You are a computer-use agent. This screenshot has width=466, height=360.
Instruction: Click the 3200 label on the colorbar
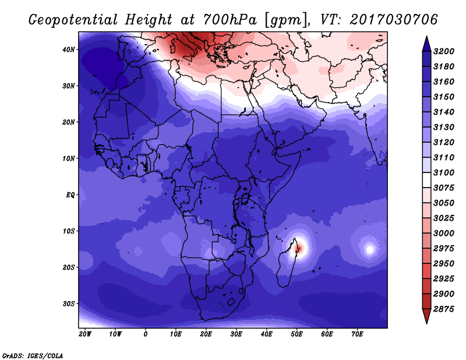tap(445, 51)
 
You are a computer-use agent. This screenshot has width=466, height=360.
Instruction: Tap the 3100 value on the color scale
tap(445, 173)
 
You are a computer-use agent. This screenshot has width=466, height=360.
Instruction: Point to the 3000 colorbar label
tap(445, 233)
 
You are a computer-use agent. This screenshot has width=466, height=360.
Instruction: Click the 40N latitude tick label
tap(69, 50)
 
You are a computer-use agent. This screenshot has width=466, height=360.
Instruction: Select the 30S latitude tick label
tap(69, 303)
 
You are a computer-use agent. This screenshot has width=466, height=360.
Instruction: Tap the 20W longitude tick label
tap(84, 334)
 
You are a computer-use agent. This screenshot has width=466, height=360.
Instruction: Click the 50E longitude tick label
tap(296, 334)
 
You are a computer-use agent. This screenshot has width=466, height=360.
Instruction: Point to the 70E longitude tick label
tap(357, 334)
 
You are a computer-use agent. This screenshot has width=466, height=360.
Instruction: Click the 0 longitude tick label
tap(145, 334)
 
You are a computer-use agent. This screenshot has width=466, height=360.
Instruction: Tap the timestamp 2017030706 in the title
tap(393, 19)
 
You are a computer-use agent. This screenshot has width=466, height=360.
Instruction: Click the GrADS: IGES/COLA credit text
tap(32, 355)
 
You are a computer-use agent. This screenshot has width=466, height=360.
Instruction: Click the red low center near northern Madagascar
tap(298, 248)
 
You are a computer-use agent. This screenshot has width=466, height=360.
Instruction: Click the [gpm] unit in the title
tap(285, 19)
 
